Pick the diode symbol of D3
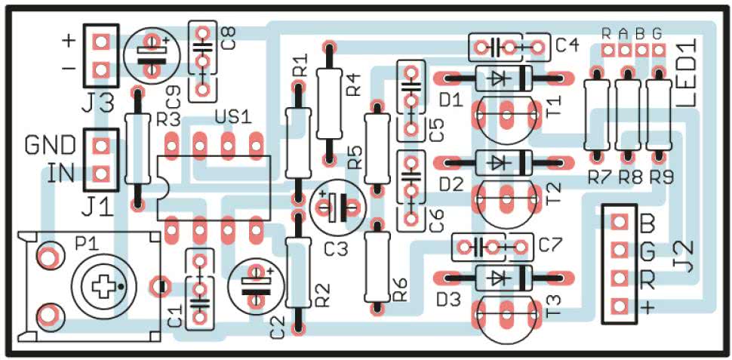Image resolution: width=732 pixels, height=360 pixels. point(494,277)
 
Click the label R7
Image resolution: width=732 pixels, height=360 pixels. point(598,178)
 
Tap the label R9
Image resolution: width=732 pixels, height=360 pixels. point(661,178)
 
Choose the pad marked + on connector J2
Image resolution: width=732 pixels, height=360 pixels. point(620,306)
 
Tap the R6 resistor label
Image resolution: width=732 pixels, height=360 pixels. point(400,289)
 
